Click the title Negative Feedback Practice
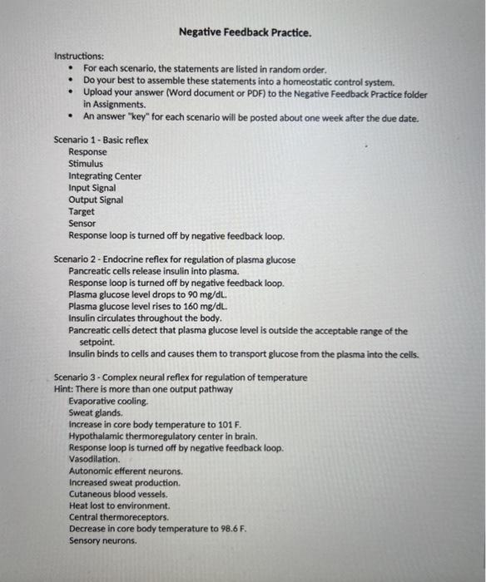point(245,33)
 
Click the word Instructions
point(79,56)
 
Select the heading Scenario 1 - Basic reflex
point(101,141)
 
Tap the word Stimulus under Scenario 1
point(86,164)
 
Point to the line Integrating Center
point(105,176)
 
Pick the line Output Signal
point(96,200)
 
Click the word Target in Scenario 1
point(82,211)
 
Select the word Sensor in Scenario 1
point(82,223)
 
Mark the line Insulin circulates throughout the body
point(145,318)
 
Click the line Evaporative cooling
point(108,401)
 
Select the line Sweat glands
point(96,412)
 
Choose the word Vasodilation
point(94,459)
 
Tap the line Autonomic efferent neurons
point(126,471)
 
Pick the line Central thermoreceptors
point(118,517)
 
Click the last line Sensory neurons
point(102,540)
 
